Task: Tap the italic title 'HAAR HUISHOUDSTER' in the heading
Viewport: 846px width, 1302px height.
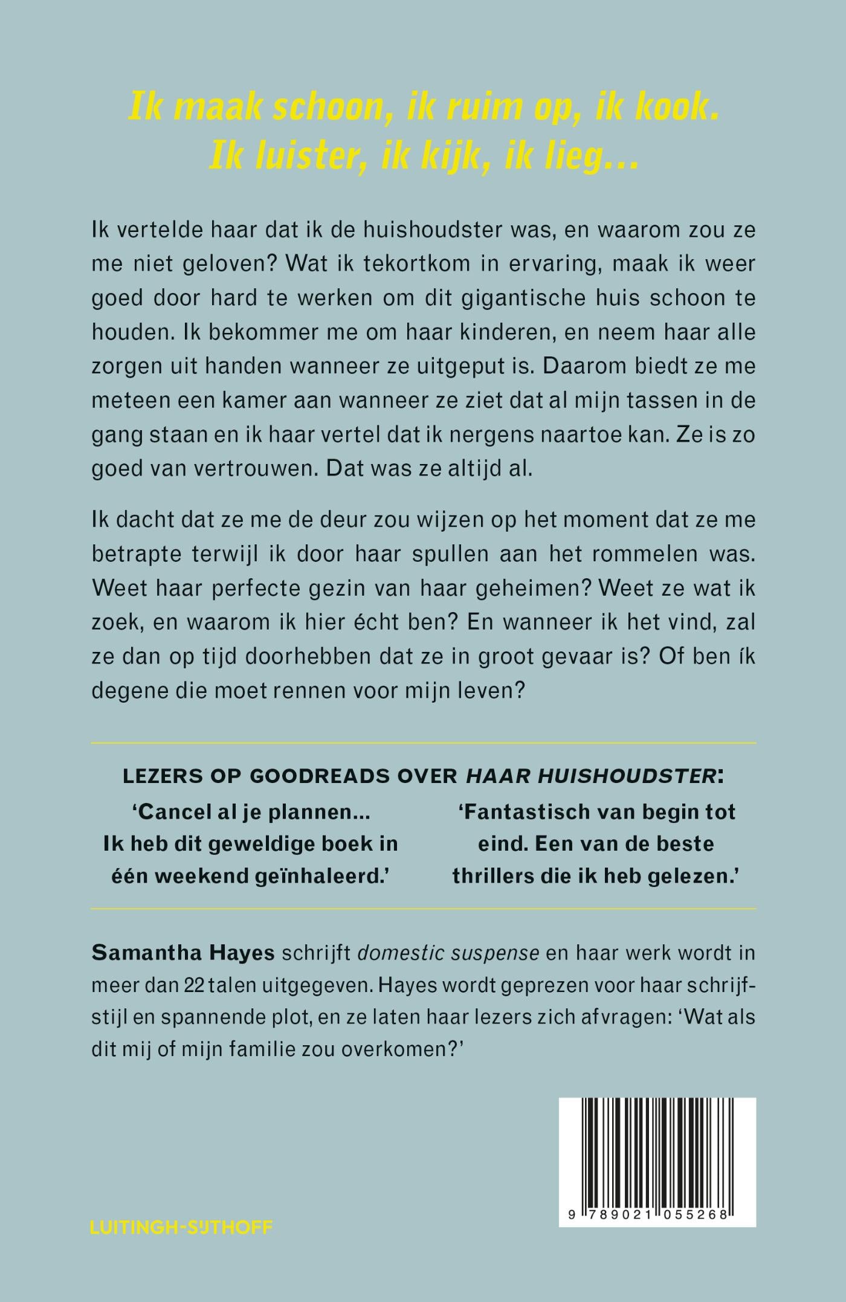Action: pyautogui.click(x=590, y=776)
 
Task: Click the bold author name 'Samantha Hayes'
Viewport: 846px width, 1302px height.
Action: pyautogui.click(x=183, y=953)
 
